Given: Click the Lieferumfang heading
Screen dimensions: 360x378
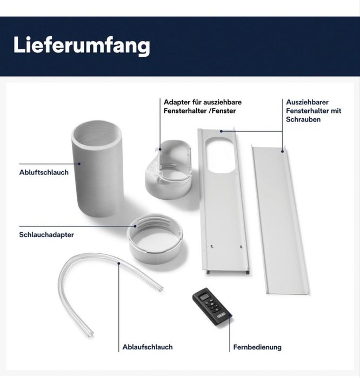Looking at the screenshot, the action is pyautogui.click(x=82, y=45).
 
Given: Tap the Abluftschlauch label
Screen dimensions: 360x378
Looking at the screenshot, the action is pyautogui.click(x=44, y=172).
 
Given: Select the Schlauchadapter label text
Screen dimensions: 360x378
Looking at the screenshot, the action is pyautogui.click(x=46, y=235).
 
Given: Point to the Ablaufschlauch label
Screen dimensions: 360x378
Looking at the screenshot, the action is pyautogui.click(x=148, y=347).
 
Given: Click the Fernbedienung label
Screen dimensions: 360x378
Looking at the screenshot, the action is pyautogui.click(x=257, y=347).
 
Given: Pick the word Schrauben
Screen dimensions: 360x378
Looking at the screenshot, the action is pyautogui.click(x=303, y=119).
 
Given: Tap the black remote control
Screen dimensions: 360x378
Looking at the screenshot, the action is pyautogui.click(x=212, y=307).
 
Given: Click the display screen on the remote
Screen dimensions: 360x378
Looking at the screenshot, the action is pyautogui.click(x=204, y=297).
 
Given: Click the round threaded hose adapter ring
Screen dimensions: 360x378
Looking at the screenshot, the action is pyautogui.click(x=155, y=239).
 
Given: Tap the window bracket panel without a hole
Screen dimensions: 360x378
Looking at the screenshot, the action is pyautogui.click(x=281, y=219).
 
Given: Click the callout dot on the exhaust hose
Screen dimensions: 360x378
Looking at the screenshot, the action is pyautogui.click(x=79, y=164).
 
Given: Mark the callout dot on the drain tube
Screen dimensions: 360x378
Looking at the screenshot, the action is pyautogui.click(x=118, y=264).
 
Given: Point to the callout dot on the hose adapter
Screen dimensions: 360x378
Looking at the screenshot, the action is pyautogui.click(x=135, y=226).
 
